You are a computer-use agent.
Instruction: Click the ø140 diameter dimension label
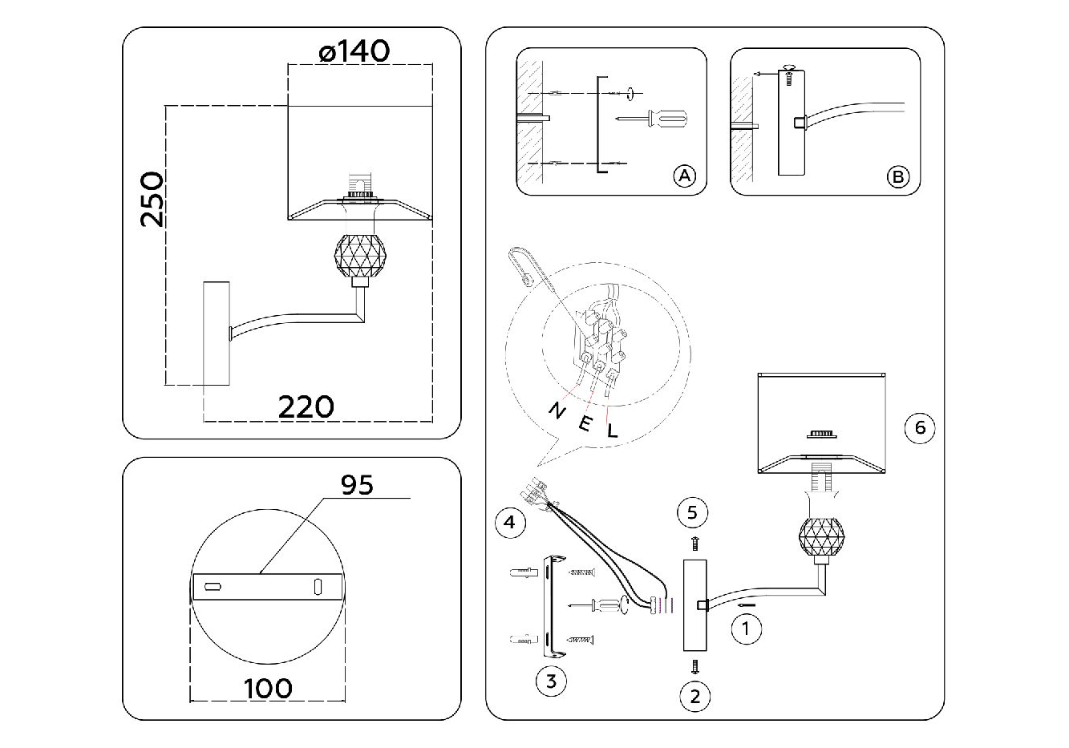point(354,52)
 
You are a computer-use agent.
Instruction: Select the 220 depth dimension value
point(306,406)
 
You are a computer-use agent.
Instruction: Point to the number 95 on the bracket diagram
point(357,485)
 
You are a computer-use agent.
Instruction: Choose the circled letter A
point(683,176)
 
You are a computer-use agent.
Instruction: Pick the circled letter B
point(898,176)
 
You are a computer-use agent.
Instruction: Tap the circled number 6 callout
point(920,428)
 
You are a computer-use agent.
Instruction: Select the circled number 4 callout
point(510,524)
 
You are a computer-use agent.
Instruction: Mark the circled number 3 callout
point(550,681)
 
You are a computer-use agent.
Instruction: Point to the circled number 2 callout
point(694,696)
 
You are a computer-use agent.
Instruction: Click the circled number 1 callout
point(747,629)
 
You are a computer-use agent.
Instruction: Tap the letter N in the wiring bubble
point(554,410)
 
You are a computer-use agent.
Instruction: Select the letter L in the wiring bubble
point(613,431)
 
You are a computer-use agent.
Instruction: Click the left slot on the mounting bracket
point(214,588)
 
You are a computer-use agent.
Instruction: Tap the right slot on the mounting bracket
point(317,587)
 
